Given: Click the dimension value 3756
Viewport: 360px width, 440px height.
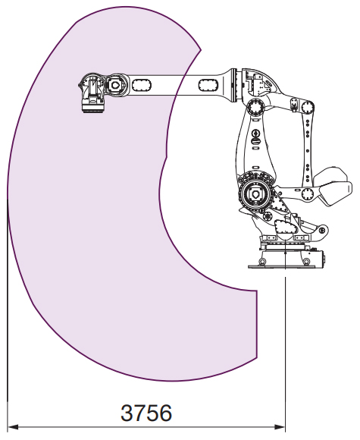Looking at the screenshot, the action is [x=146, y=413].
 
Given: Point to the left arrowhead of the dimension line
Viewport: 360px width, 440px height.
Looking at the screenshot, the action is [x=13, y=427].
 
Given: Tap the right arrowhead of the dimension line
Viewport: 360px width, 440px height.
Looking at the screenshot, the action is [x=280, y=427].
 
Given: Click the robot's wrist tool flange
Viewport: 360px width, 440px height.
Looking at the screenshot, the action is [x=92, y=108].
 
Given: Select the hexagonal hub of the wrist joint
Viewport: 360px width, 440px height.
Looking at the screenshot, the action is [x=114, y=85].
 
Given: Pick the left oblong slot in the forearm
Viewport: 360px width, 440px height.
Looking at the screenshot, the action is [x=142, y=85].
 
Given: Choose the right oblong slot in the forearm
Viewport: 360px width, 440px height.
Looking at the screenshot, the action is [x=208, y=85].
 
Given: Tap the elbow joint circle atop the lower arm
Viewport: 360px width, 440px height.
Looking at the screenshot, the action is [x=255, y=108].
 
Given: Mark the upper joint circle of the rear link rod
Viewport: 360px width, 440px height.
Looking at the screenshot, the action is [x=308, y=107].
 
